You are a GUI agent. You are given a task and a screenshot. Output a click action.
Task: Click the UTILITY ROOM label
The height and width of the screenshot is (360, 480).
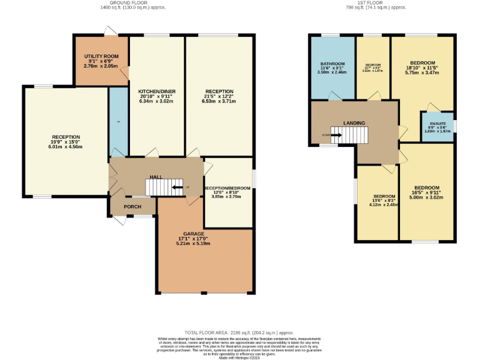pos(101,57)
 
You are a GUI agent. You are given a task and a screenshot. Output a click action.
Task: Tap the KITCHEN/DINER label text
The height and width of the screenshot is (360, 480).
pos(156,92)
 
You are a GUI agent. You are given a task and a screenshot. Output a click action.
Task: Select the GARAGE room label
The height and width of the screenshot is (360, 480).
pos(193,233)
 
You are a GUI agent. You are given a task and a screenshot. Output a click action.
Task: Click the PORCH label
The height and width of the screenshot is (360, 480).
pos(132,207)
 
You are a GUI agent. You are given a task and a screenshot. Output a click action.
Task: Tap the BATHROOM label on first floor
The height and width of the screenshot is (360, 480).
pos(332,64)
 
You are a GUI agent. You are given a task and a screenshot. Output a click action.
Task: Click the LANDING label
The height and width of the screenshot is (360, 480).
pos(354,123)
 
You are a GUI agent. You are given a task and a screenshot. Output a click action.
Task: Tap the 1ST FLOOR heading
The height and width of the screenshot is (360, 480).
pos(365,2)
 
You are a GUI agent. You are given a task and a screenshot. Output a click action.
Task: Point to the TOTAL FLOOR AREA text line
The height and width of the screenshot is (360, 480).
pos(239,333)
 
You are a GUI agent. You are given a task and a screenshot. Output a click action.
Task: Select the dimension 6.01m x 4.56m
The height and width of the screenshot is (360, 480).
pos(66,147)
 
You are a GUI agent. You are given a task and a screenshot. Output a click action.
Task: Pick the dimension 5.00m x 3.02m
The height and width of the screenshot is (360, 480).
pos(426,197)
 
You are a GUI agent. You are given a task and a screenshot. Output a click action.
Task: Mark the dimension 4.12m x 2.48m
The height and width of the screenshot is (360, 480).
pos(382,204)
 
